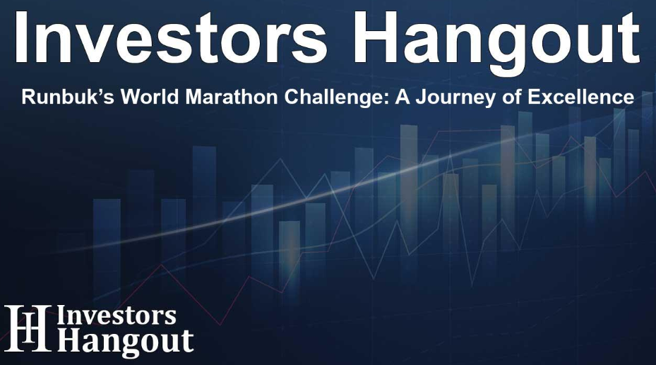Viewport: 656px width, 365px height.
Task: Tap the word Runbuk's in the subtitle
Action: click(58, 97)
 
